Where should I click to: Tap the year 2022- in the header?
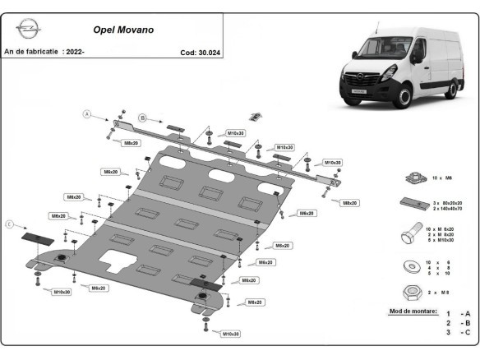(x=74, y=52)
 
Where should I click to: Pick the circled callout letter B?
(x=141, y=118)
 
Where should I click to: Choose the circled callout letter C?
(x=10, y=224)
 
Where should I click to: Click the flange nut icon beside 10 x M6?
(x=414, y=178)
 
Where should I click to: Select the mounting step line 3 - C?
(x=458, y=332)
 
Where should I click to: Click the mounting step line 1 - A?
(x=458, y=314)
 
